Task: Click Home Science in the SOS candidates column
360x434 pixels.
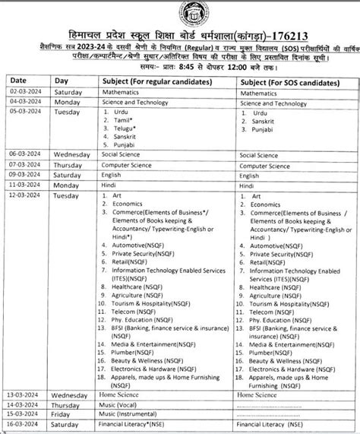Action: pos(260,395)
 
